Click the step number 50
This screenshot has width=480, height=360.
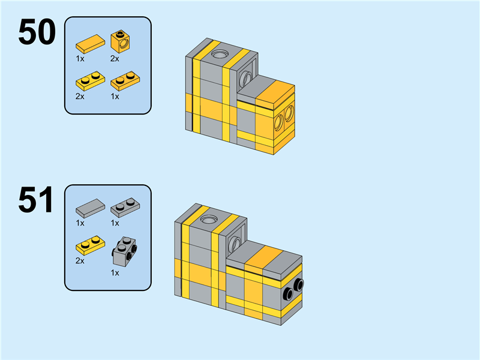[x=37, y=32]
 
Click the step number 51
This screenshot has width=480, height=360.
[x=36, y=200]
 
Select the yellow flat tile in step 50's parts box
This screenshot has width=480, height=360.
[x=91, y=44]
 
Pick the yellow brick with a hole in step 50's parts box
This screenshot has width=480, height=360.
[x=121, y=41]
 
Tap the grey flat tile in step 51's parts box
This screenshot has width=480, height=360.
[x=91, y=208]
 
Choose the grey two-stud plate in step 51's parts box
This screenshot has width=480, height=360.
[x=125, y=208]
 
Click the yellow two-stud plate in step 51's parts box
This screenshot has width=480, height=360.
[x=91, y=245]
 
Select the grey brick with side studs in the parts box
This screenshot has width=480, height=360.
[x=125, y=251]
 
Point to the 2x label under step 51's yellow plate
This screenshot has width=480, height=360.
[x=80, y=261]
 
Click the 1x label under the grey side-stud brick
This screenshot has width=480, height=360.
[x=115, y=273]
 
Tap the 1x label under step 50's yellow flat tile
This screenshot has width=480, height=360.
[x=80, y=58]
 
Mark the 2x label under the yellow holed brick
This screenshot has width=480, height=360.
[x=115, y=58]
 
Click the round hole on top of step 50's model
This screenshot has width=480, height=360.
[x=219, y=54]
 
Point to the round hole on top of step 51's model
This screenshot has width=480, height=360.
[x=208, y=219]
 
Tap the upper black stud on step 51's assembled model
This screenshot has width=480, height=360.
[x=298, y=286]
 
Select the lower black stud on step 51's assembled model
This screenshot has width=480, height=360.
[x=288, y=294]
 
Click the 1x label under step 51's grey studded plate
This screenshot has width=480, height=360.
[x=115, y=223]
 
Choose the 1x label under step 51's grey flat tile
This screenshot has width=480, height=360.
[x=80, y=223]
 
